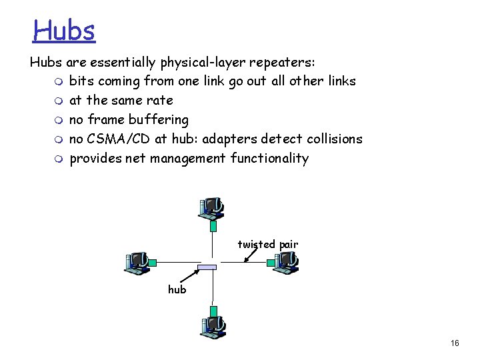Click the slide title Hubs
click(x=65, y=29)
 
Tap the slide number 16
click(x=455, y=343)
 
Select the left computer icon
click(x=139, y=263)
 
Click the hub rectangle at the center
click(x=208, y=267)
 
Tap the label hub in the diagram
click(x=177, y=289)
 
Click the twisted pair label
click(x=268, y=245)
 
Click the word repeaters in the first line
click(x=283, y=63)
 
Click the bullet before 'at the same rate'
click(x=61, y=101)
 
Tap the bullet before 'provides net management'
click(x=61, y=159)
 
